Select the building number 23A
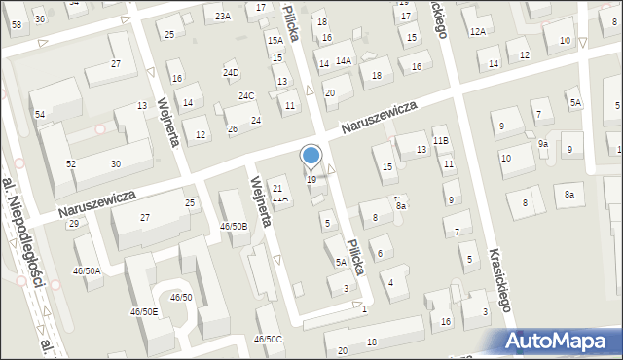(x=224, y=17)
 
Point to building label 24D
(x=231, y=73)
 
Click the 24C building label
(x=247, y=96)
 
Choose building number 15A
(x=275, y=40)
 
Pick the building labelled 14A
(x=343, y=60)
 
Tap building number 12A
(x=477, y=32)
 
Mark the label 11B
(x=441, y=141)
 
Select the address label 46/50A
(x=87, y=270)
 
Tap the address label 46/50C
(x=268, y=339)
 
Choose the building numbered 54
(x=40, y=115)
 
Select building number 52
(x=71, y=164)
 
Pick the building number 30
(x=116, y=163)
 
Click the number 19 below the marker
(x=311, y=180)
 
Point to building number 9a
(x=543, y=144)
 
